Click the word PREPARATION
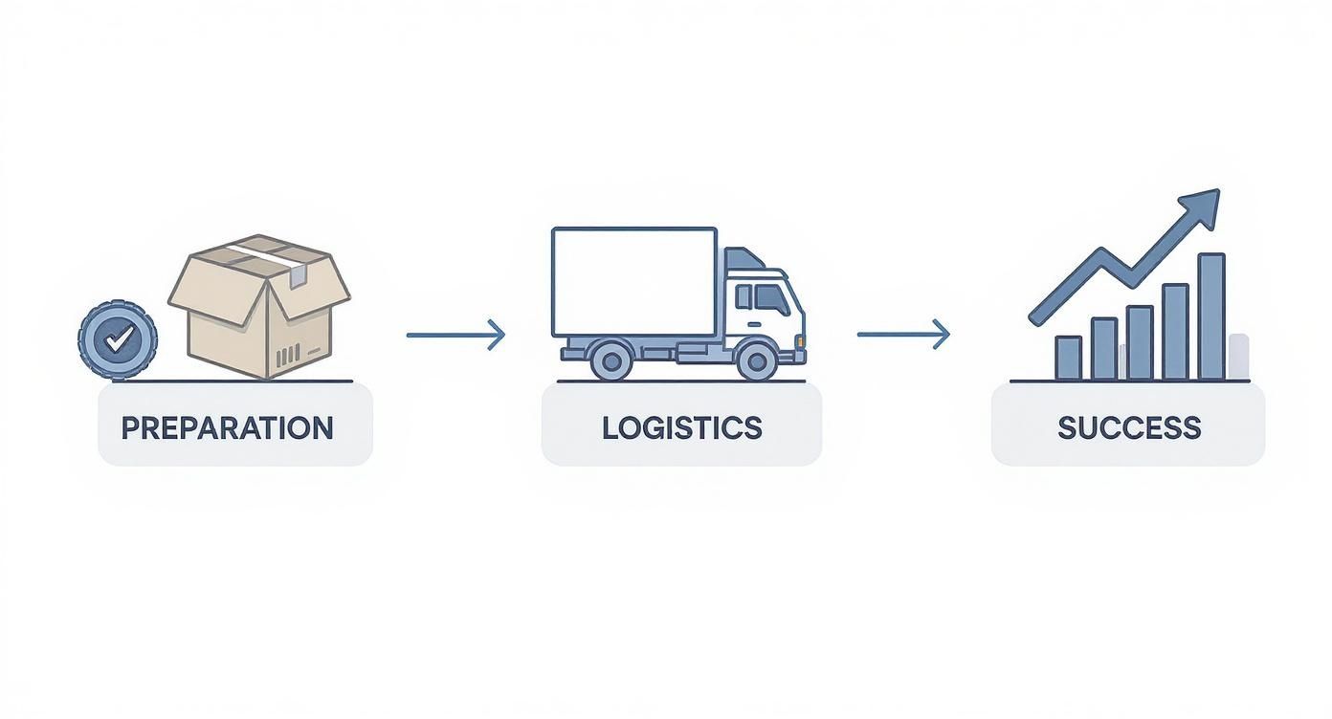coord(228,427)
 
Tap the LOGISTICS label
coord(681,427)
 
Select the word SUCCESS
coord(1129,427)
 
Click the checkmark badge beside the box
coord(118,339)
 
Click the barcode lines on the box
coord(287,359)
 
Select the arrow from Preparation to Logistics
coord(455,335)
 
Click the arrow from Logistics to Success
coord(903,335)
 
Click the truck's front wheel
coord(757,360)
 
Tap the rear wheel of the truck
coord(610,360)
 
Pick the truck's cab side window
coord(771,299)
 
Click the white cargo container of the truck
coord(633,281)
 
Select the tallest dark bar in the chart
coord(1210,316)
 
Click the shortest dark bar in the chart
coord(1068,358)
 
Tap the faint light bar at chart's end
coord(1238,356)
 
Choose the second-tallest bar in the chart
coord(1175,332)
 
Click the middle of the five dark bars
coord(1140,342)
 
